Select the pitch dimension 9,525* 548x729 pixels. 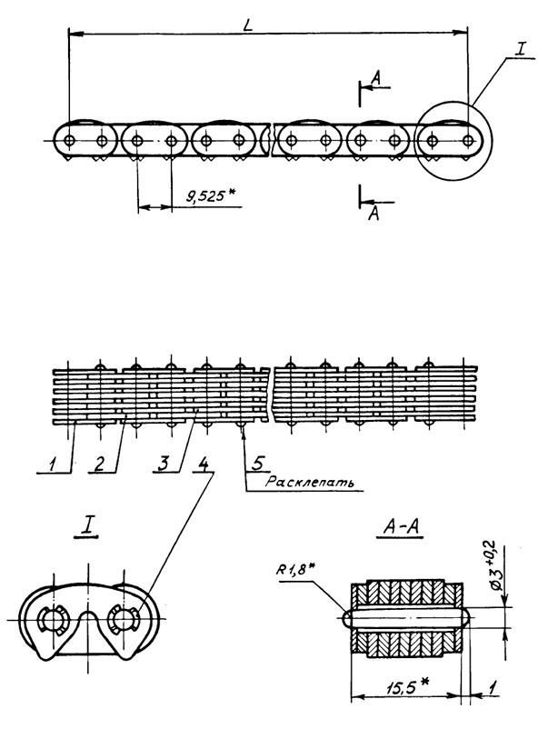tap(203, 195)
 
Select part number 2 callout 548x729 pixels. tap(99, 462)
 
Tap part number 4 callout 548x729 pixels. tap(204, 462)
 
